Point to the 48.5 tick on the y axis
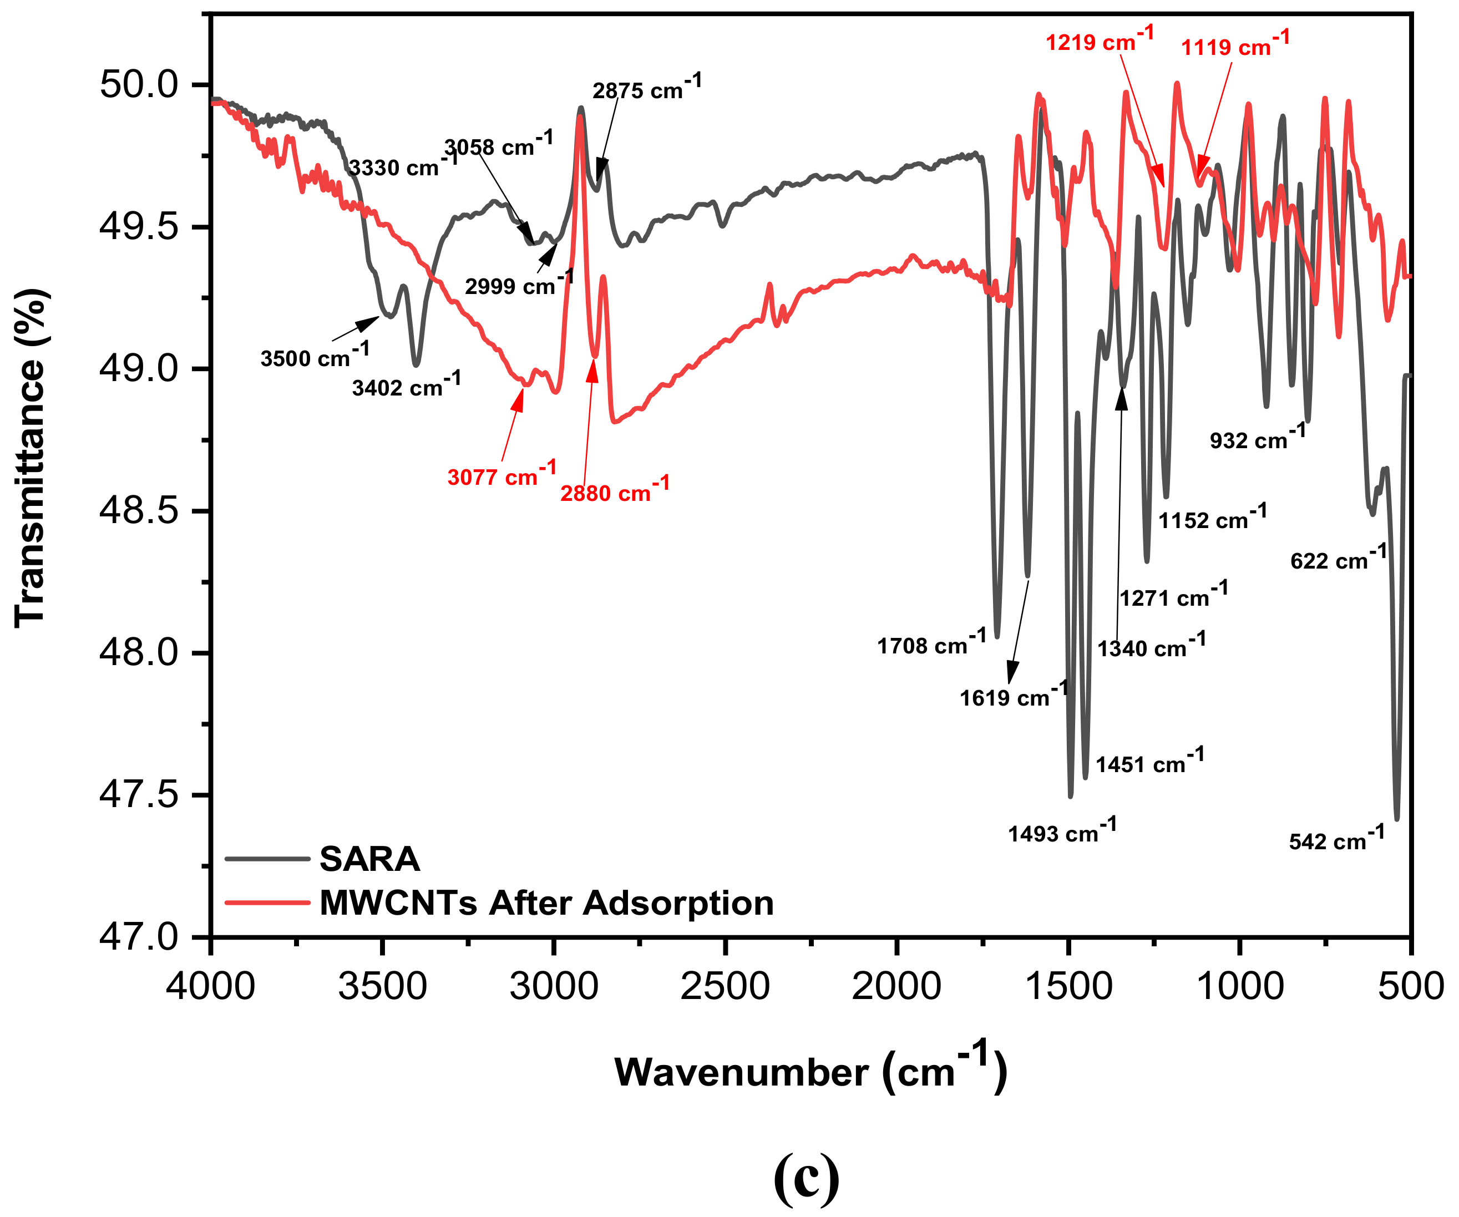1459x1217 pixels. [139, 511]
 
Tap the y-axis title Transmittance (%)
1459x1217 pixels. [31, 459]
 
